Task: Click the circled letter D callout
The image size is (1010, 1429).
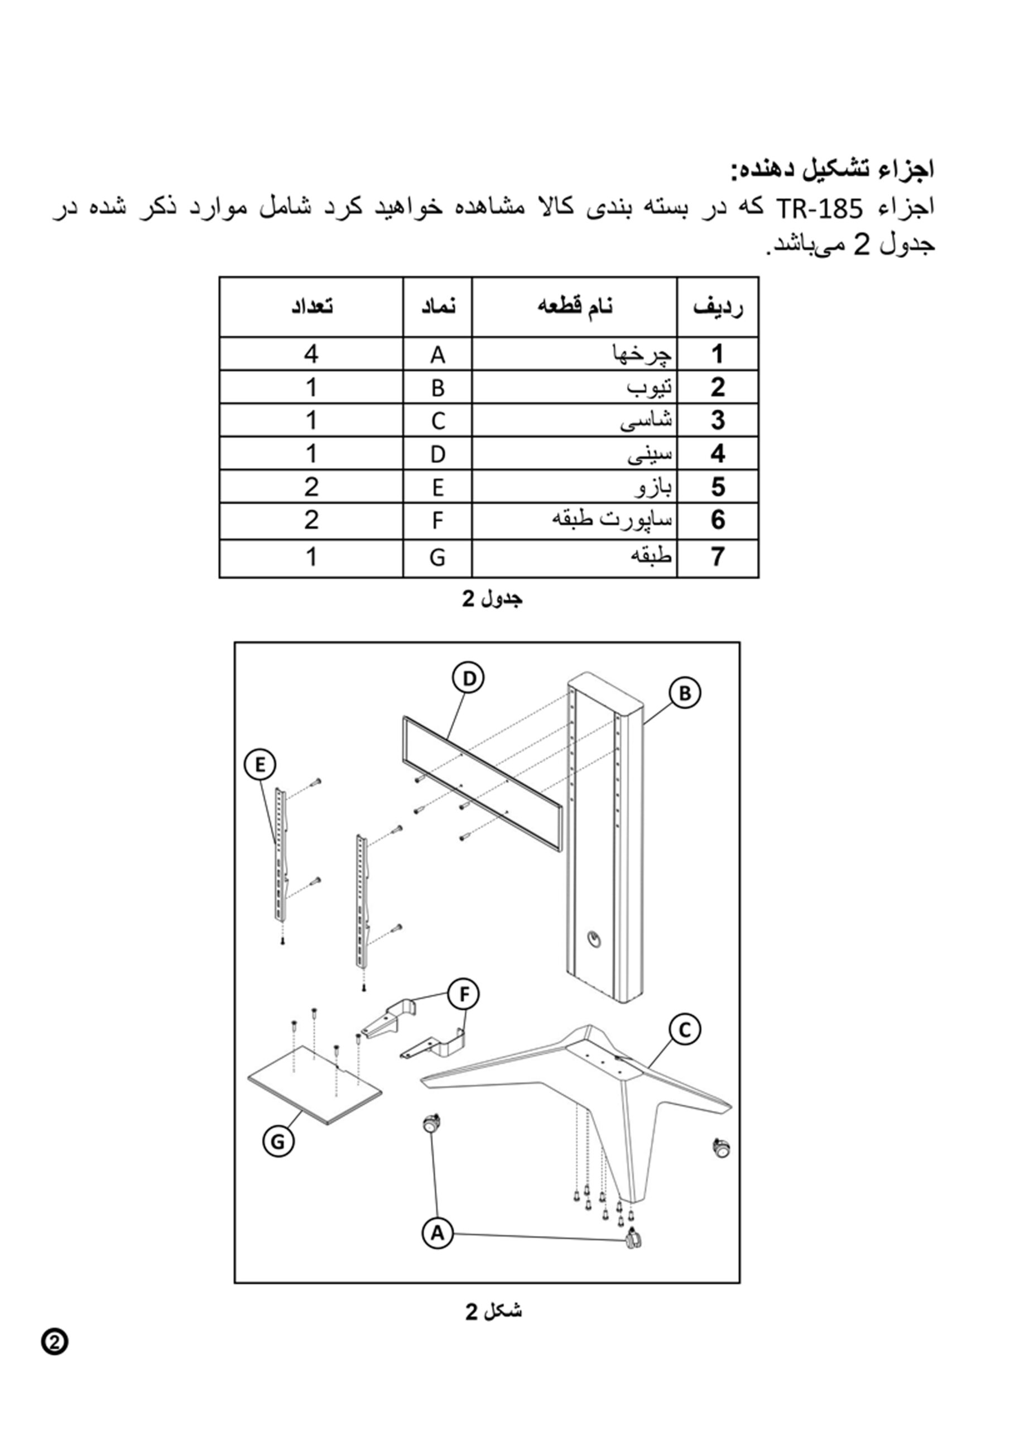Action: (x=469, y=678)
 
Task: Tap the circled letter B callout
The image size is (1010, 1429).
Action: (x=685, y=693)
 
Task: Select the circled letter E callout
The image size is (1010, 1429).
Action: (x=260, y=764)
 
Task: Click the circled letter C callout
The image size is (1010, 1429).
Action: (x=685, y=1030)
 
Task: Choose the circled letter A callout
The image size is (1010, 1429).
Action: (x=437, y=1233)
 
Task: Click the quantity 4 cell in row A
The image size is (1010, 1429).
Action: (x=311, y=354)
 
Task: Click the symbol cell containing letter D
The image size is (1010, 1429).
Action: (x=437, y=454)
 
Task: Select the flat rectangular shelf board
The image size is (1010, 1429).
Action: (x=315, y=1084)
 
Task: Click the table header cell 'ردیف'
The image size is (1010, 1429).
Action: (x=718, y=308)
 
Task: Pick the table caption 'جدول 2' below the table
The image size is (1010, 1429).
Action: (x=492, y=599)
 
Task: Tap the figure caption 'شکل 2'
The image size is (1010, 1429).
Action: (x=493, y=1308)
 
